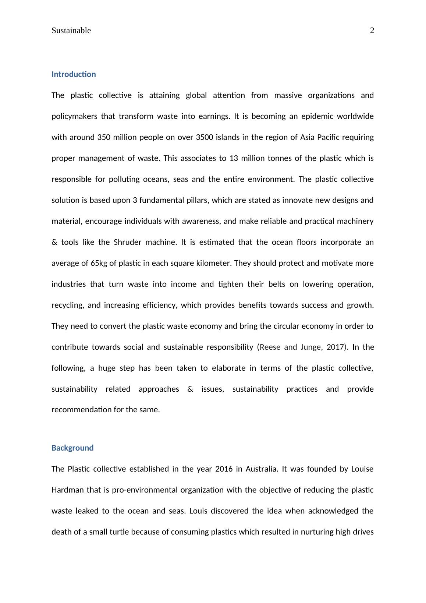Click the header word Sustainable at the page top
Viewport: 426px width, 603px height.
click(x=71, y=31)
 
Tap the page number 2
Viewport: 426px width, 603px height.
click(x=372, y=31)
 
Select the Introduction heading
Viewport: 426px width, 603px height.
click(x=74, y=74)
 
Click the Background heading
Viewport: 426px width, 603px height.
click(x=72, y=448)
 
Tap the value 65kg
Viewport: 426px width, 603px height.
click(x=98, y=263)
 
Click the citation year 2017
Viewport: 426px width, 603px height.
click(x=335, y=347)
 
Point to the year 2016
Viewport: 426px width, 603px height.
click(x=224, y=469)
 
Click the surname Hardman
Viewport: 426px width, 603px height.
click(x=68, y=490)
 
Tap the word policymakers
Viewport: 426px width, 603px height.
click(x=74, y=116)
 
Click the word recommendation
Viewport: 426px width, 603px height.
click(x=81, y=410)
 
